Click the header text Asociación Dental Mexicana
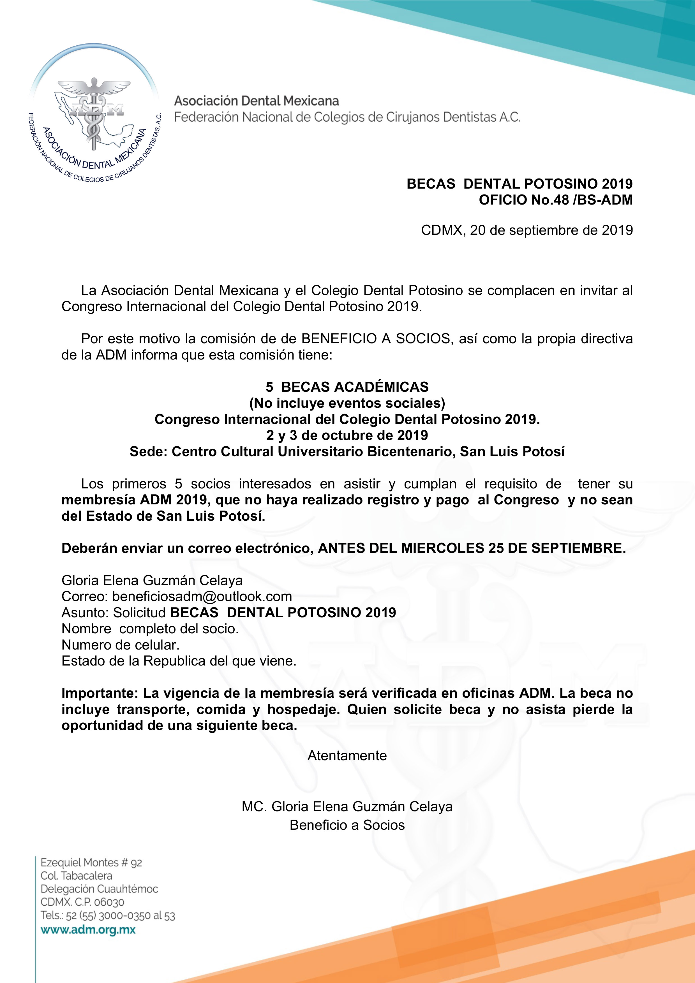coord(256,101)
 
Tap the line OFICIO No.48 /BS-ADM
coord(555,200)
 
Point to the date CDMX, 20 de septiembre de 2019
coord(527,230)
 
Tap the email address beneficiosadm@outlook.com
coord(202,597)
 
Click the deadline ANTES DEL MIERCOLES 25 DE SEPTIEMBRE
coord(472,548)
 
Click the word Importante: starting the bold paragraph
coord(100,693)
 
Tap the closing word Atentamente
coord(347,756)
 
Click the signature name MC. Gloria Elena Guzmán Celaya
coord(347,807)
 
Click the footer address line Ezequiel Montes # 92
coord(91,863)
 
